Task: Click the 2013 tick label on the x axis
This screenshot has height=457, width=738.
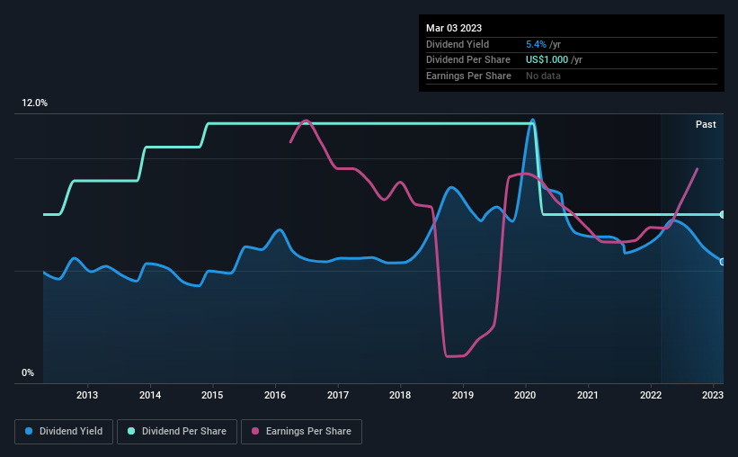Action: tap(87, 395)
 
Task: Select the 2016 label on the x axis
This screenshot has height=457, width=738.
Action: tap(275, 395)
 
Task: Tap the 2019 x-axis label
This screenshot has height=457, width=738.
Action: tap(463, 395)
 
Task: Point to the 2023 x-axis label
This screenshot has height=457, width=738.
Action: tap(713, 395)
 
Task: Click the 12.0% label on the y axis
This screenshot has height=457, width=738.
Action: tap(34, 103)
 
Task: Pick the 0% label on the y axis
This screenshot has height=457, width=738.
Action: tap(28, 372)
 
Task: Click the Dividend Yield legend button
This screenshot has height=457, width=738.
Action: tap(63, 432)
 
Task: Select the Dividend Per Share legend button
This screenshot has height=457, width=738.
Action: tap(181, 432)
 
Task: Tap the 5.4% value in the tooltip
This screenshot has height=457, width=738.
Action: tap(536, 43)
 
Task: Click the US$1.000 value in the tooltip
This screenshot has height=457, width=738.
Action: tap(547, 59)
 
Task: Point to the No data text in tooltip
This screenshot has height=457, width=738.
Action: tap(543, 76)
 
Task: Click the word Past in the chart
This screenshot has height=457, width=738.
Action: tap(706, 124)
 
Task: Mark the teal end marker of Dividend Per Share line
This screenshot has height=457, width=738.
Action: tap(723, 214)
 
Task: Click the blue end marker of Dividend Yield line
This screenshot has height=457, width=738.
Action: tap(723, 262)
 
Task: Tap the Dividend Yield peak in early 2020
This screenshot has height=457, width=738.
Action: tap(533, 120)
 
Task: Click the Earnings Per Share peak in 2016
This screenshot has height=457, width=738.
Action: tap(307, 121)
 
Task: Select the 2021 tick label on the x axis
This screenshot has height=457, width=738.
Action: tap(588, 395)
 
